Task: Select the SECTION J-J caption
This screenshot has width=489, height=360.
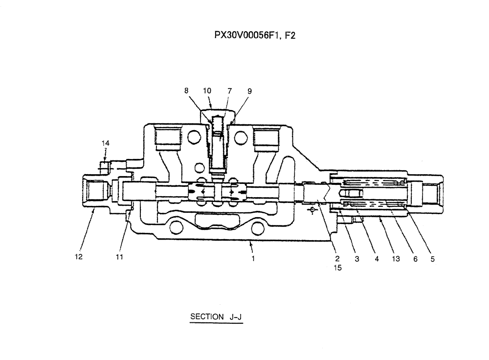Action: [216, 317]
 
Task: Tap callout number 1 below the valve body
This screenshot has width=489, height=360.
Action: [253, 259]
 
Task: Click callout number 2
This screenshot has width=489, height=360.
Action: [337, 259]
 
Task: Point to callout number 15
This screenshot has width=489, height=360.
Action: [337, 268]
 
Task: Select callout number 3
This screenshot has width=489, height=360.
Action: [357, 259]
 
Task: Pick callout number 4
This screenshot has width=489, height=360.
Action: [377, 259]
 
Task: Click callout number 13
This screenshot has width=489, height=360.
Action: [396, 259]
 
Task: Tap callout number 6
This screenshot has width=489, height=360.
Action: [415, 259]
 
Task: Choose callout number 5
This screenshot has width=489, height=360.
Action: [432, 259]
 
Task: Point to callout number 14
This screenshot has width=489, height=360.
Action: [106, 143]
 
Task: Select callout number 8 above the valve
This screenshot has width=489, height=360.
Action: [186, 90]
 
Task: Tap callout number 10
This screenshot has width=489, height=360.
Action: [207, 90]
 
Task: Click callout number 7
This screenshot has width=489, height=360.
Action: [229, 90]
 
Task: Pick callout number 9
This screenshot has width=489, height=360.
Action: [249, 90]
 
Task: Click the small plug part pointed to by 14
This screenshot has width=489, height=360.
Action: [104, 166]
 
